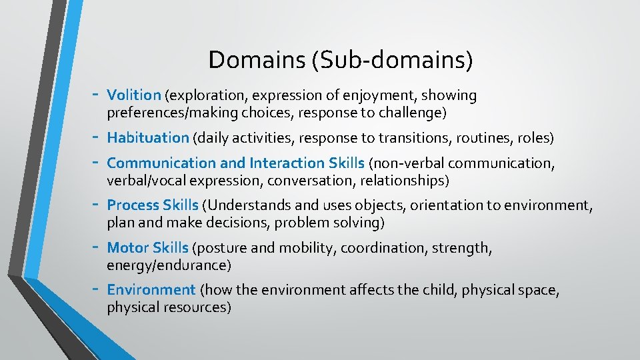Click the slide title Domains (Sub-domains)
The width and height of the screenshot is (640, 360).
[341, 60]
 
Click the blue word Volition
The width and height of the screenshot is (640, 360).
[134, 95]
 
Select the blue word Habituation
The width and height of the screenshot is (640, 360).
[148, 138]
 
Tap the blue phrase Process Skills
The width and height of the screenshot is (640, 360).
[153, 205]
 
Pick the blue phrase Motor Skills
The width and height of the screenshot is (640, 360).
[147, 248]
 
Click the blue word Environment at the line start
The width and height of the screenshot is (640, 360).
[151, 290]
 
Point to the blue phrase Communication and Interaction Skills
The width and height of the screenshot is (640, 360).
[235, 163]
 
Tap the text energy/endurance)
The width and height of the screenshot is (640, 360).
[169, 266]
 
